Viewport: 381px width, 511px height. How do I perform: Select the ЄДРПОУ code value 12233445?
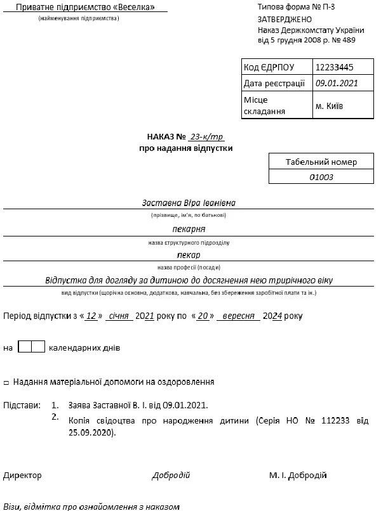point(334,67)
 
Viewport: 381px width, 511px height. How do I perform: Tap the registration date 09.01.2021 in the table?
point(337,83)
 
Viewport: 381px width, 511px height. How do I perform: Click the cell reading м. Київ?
point(329,106)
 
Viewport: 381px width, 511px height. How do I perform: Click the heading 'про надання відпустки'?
point(186,148)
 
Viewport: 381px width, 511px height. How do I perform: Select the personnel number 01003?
point(321,178)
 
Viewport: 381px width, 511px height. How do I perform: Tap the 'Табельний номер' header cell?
point(321,162)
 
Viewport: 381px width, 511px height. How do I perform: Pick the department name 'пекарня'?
point(189,230)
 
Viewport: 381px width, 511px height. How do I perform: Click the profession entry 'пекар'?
point(189,255)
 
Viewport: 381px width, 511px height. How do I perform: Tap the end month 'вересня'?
point(238,315)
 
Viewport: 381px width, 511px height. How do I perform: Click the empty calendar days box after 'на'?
point(31,347)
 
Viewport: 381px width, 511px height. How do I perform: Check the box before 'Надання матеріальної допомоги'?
point(6,383)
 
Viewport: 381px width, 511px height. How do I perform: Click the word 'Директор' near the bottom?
point(22,475)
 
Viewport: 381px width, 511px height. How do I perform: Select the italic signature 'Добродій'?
point(171,475)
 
